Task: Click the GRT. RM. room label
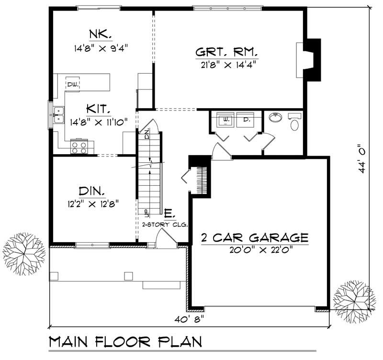(227, 52)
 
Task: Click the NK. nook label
(100, 35)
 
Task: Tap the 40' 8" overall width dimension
(189, 318)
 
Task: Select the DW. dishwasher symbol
(73, 84)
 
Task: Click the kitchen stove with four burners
(79, 146)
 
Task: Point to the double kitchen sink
(59, 115)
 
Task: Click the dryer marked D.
(246, 120)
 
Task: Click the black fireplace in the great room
(312, 57)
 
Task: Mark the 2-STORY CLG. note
(164, 224)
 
